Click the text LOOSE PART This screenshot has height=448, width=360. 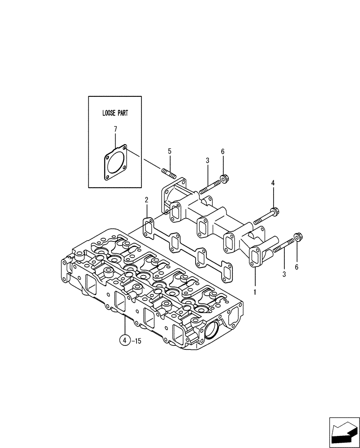pyautogui.click(x=115, y=113)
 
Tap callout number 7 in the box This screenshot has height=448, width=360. pyautogui.click(x=115, y=129)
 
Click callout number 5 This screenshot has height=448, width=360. pyautogui.click(x=170, y=151)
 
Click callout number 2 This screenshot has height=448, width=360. pyautogui.click(x=146, y=200)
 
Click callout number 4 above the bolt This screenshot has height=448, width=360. pyautogui.click(x=273, y=183)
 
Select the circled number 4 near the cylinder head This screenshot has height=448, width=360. pyautogui.click(x=125, y=341)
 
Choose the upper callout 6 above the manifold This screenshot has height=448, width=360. pyautogui.click(x=223, y=151)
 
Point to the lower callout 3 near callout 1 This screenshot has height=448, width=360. pyautogui.click(x=284, y=274)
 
